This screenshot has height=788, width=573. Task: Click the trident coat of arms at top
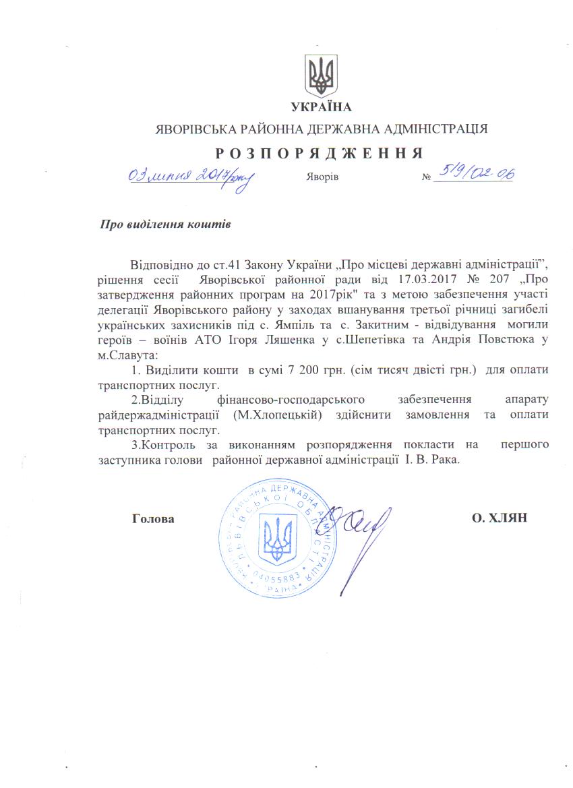click(x=322, y=75)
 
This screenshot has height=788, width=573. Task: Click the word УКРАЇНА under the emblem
click(x=322, y=107)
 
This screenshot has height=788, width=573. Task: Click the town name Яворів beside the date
click(x=318, y=177)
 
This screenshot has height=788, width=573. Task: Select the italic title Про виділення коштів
click(x=165, y=224)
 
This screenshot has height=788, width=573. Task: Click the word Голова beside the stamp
click(x=154, y=519)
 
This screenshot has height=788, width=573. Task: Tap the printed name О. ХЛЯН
click(x=500, y=518)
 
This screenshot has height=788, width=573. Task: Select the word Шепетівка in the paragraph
click(x=371, y=341)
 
